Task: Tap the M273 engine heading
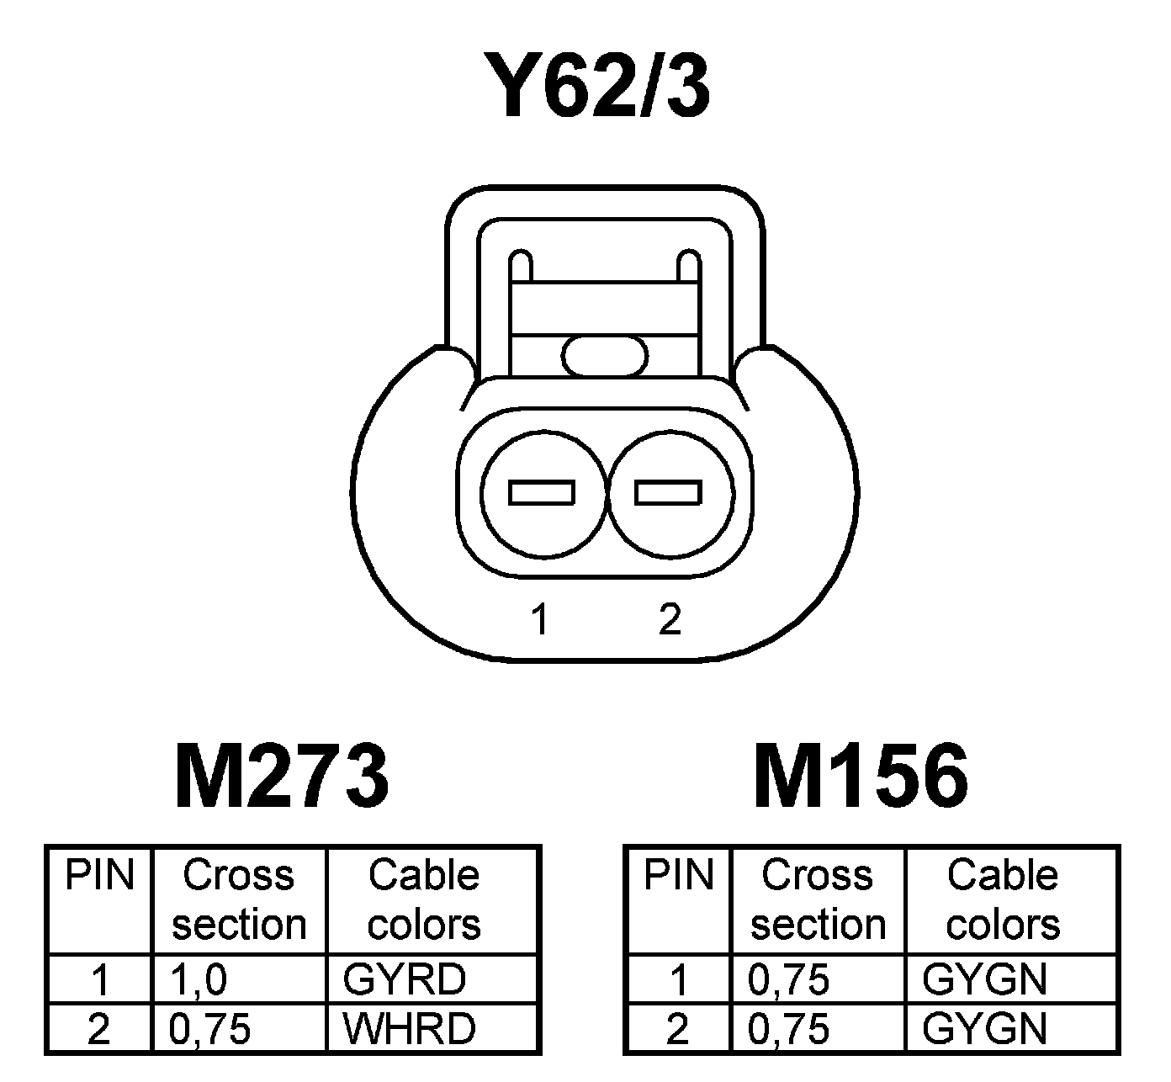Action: (x=283, y=776)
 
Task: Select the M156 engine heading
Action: (x=861, y=776)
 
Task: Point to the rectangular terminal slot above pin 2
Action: (x=669, y=492)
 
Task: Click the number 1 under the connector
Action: (x=540, y=620)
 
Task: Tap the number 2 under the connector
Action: (x=670, y=619)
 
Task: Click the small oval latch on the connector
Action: (x=605, y=355)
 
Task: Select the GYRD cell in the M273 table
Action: (x=405, y=979)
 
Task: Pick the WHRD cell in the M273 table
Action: (x=410, y=1028)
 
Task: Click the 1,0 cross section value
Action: (x=199, y=979)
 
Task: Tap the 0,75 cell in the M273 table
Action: (x=210, y=1028)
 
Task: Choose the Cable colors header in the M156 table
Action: (x=1003, y=900)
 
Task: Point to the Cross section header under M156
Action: (x=818, y=900)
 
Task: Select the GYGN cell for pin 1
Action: (x=985, y=979)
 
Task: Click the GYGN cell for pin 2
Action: (x=985, y=1028)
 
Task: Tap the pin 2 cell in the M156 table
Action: (x=677, y=1028)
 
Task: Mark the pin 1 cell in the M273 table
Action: (x=100, y=979)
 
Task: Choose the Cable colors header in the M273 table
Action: (x=424, y=900)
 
